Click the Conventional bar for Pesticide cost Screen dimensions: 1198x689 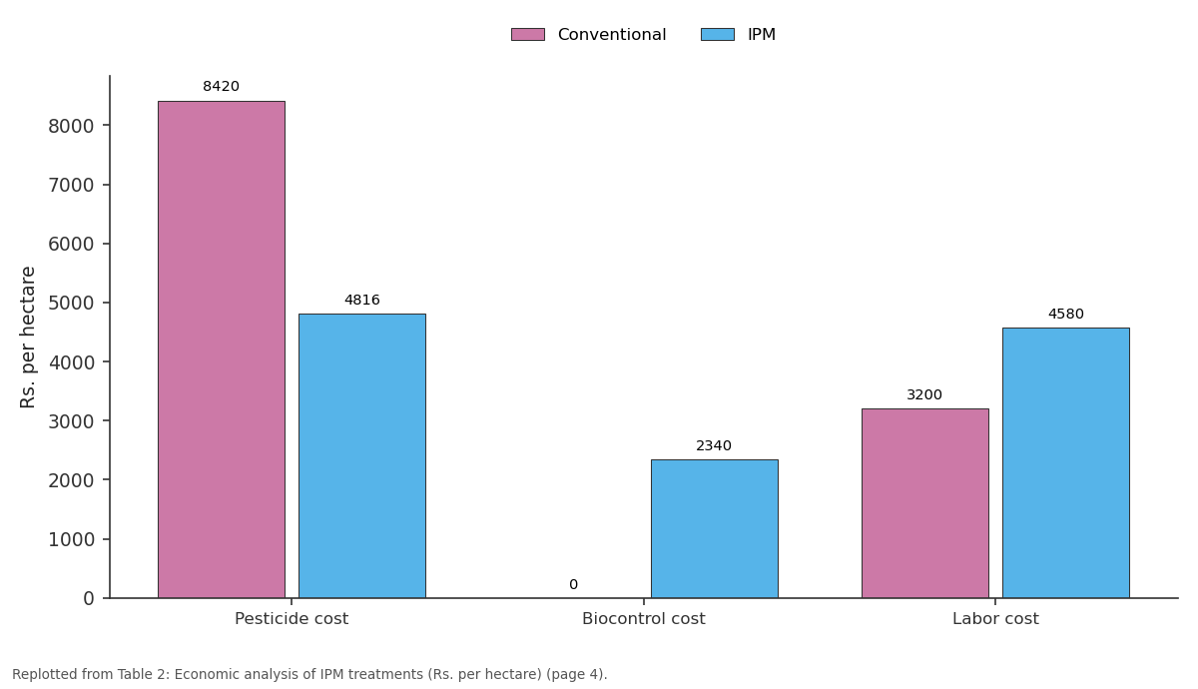tap(222, 349)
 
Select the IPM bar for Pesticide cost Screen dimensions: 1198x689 tap(362, 455)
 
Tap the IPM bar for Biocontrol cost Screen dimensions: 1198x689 tap(715, 528)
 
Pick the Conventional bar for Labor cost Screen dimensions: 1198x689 tap(925, 503)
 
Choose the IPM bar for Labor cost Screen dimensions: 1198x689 tap(1066, 462)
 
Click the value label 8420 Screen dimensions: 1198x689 tap(221, 86)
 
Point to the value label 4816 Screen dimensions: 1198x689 tap(362, 300)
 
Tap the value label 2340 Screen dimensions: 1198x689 tap(714, 445)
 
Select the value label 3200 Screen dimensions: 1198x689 tap(924, 394)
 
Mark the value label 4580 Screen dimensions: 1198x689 tap(1066, 314)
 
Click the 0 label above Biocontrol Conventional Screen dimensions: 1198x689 tap(573, 585)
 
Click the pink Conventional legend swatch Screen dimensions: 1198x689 tap(528, 34)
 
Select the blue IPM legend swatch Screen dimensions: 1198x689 tap(718, 34)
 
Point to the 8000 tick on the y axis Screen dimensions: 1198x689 tap(71, 126)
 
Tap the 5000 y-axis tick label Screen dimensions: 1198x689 tap(71, 304)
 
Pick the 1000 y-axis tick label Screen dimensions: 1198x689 tap(71, 540)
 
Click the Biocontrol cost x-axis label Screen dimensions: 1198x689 tap(643, 619)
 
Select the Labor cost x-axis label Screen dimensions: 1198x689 tap(995, 619)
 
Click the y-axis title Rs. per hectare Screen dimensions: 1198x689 tap(27, 338)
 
